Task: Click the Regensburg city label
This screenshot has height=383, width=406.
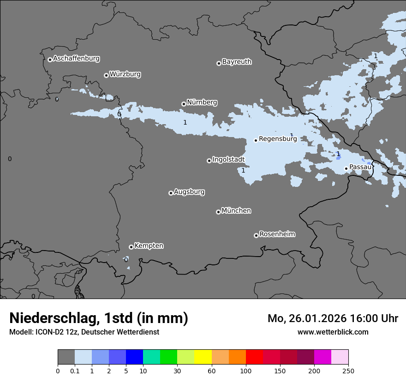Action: (278, 138)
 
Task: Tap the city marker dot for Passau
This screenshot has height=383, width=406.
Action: (346, 168)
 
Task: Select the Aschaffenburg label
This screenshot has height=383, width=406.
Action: (76, 59)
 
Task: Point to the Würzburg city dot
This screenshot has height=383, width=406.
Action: (106, 75)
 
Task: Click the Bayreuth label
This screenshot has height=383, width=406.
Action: (237, 61)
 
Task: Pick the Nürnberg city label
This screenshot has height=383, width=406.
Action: (202, 102)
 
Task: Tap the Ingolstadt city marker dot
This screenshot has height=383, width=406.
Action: (209, 161)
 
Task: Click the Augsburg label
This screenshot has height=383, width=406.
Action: (189, 191)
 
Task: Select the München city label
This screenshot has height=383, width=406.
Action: (236, 210)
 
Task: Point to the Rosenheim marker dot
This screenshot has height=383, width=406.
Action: (256, 235)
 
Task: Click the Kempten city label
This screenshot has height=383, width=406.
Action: (149, 245)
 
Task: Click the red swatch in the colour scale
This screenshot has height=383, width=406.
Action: (254, 357)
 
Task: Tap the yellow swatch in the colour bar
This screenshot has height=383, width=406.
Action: (203, 357)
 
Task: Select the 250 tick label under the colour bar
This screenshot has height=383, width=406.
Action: (348, 371)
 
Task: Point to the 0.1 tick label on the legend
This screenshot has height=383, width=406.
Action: (75, 371)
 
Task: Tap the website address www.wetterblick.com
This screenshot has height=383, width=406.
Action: (333, 332)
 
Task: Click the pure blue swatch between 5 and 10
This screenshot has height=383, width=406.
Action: (135, 357)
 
